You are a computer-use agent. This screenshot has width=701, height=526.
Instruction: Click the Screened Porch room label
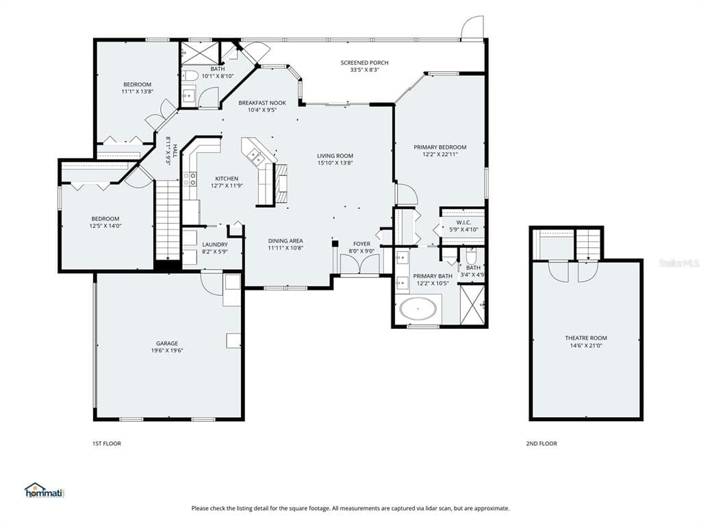coord(364,62)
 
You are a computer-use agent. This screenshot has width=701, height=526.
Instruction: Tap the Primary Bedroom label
coord(440,147)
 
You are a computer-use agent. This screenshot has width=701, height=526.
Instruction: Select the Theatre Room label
coord(586,338)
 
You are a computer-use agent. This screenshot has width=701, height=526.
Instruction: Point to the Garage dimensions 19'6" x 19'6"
coord(167,351)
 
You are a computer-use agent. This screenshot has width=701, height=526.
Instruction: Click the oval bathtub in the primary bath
coord(418,309)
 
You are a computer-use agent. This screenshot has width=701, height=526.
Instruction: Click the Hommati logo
coord(44,490)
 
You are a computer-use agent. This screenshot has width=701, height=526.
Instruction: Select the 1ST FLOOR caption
coord(106,444)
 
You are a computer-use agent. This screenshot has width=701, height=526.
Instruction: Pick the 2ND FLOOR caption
coord(541,444)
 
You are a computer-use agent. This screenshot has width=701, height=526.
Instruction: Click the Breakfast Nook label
coord(262,103)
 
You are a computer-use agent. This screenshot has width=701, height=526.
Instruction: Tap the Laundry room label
coord(215,245)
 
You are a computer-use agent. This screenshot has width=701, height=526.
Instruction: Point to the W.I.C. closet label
coord(463,223)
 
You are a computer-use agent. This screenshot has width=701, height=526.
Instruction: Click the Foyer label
coord(361,244)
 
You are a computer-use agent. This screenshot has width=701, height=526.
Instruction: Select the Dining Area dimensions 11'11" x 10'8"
coord(285,248)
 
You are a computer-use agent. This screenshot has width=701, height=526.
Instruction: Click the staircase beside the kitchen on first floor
coord(168,220)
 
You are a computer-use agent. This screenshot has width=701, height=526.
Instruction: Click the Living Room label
coord(335,155)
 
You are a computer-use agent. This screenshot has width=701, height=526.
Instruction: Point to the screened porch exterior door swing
coord(472,27)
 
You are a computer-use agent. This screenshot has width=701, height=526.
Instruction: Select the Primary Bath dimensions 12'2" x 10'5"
coord(433,283)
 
